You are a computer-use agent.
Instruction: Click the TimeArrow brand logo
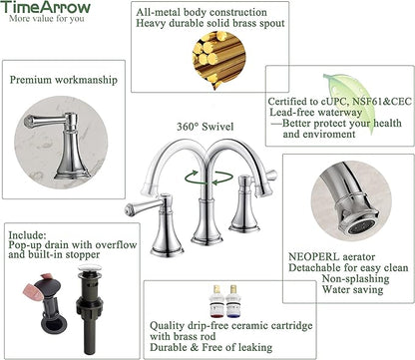pos(46,7)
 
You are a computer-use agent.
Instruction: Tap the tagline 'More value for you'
pos(47,19)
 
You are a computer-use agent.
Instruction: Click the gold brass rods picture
pos(218,59)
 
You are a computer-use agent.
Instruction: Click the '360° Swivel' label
pos(205,127)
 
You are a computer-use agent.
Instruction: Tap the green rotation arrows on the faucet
pos(208,177)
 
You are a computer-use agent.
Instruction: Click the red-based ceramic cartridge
pos(216,300)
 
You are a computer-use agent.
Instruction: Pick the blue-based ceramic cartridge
pos(233,300)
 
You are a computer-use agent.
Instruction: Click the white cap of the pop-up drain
pos(90,268)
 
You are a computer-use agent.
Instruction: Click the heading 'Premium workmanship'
pos(64,80)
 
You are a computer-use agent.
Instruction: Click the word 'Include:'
pos(27,235)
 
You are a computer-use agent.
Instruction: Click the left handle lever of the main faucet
pos(144,206)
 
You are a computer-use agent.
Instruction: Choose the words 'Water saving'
pos(352,289)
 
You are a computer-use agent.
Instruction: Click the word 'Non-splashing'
pos(355,278)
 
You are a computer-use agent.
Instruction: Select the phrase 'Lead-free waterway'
pos(315,112)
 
